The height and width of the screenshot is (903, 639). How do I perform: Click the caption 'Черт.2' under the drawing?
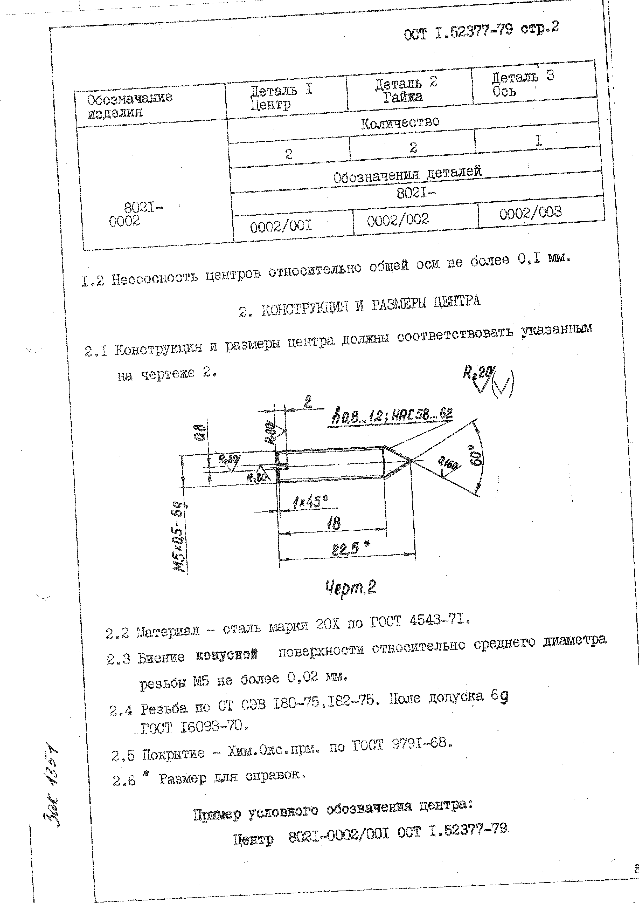[350, 588]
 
